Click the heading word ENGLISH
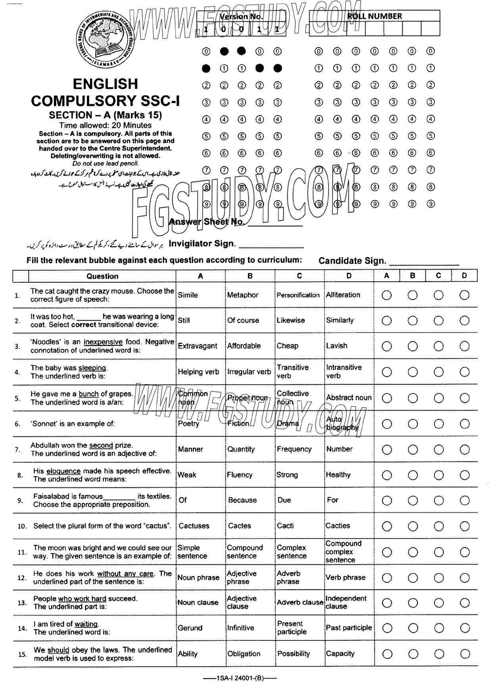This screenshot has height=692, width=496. point(106,84)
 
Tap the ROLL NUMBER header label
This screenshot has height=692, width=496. point(374,16)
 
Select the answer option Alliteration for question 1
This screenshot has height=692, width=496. point(343,295)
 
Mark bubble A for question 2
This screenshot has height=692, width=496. point(386,320)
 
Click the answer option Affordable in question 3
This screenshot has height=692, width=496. point(244,346)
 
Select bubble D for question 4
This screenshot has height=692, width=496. point(464,372)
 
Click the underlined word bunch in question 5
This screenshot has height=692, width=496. point(88,394)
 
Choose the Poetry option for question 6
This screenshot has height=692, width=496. point(188,424)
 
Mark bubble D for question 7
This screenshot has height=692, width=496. point(464,449)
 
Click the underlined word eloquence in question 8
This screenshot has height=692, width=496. point(63,471)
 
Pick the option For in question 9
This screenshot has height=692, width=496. point(333,500)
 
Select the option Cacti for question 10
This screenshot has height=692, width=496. point(285,526)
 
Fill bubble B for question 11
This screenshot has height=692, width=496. point(413,552)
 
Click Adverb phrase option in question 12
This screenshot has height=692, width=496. point(288,577)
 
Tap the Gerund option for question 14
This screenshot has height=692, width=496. point(190,628)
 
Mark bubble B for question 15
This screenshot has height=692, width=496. point(413,654)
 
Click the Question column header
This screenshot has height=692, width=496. point(102,276)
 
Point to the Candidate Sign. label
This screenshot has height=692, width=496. point(352,261)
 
